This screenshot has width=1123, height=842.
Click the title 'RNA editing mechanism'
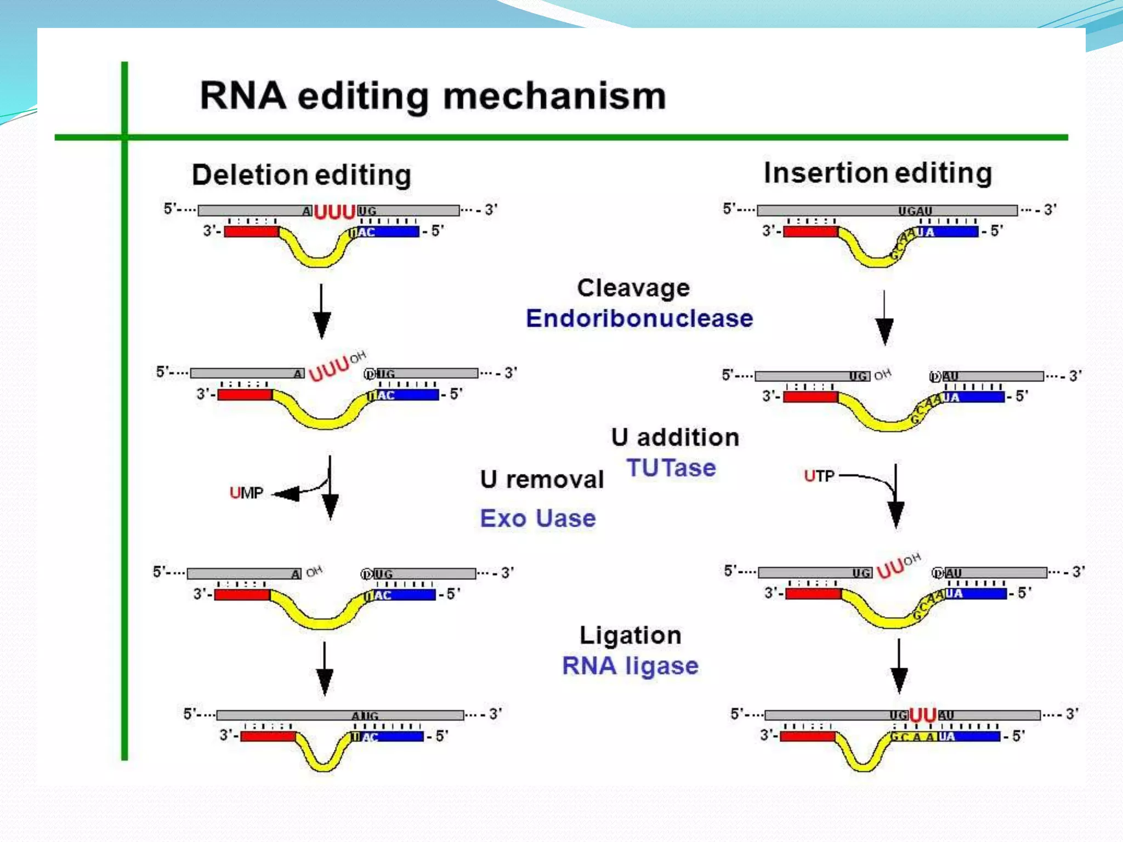(433, 96)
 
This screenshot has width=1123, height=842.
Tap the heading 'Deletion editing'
(301, 175)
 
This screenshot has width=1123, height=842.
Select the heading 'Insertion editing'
(877, 173)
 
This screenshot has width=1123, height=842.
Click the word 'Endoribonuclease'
(639, 318)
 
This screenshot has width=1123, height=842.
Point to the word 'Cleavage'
(633, 288)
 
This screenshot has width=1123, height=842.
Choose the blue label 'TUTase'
(671, 468)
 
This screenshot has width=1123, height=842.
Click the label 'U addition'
(675, 437)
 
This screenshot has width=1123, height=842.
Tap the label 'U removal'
(542, 480)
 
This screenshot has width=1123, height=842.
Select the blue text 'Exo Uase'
(538, 519)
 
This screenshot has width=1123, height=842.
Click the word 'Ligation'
(631, 635)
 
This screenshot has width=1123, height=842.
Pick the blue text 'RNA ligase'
(631, 666)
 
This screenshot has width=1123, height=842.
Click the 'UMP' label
(246, 493)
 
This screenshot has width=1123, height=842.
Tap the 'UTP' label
(819, 476)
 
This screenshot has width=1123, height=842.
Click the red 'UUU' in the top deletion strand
(334, 212)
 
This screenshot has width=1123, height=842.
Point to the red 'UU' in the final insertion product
(923, 715)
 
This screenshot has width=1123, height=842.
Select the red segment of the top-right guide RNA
(810, 231)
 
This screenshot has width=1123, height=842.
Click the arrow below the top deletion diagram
(321, 311)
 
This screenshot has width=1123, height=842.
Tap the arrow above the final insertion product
(899, 666)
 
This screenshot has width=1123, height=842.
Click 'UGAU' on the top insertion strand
(915, 210)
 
